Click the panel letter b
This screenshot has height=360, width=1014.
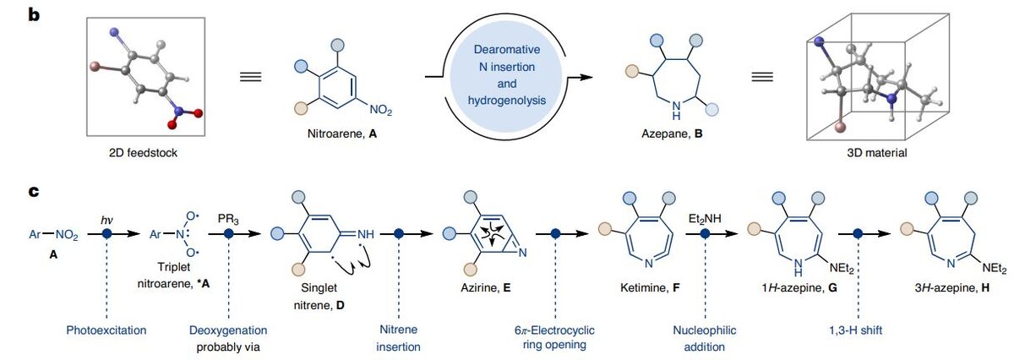tap(35, 14)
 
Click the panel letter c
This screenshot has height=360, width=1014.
tap(35, 192)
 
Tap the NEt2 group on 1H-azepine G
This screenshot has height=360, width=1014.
tap(831, 269)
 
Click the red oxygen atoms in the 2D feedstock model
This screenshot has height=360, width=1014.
tap(178, 117)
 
